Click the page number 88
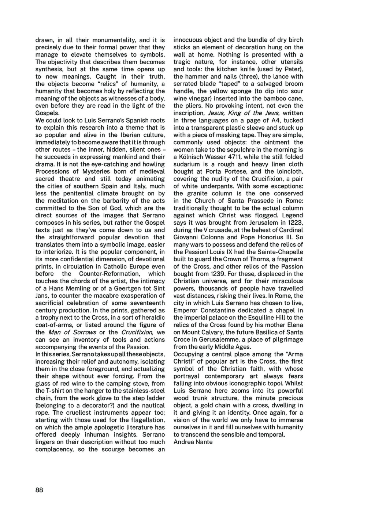[x=39, y=490]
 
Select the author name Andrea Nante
[x=193, y=442]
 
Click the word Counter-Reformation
[x=109, y=274]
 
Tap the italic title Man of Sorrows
[x=72, y=332]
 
